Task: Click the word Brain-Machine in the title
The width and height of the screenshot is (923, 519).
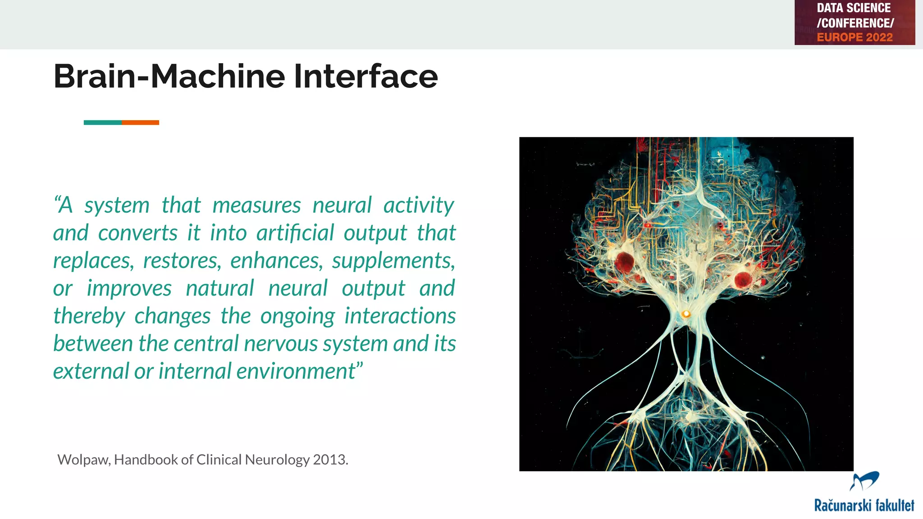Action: click(169, 76)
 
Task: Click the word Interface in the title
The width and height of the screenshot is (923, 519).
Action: click(366, 76)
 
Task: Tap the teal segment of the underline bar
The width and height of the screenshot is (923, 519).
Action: click(102, 123)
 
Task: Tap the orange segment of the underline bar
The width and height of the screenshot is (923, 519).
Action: click(140, 123)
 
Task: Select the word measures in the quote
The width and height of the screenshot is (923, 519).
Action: click(256, 206)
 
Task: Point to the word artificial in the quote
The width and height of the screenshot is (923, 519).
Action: click(295, 233)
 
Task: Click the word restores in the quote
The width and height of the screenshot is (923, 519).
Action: click(182, 261)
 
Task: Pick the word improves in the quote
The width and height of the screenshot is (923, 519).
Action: click(129, 289)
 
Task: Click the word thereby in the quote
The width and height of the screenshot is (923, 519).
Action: click(89, 316)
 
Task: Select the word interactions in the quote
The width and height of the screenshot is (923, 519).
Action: click(400, 316)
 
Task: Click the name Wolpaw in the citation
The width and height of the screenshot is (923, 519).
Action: click(83, 460)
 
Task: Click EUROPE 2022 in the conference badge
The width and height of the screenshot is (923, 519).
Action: click(854, 37)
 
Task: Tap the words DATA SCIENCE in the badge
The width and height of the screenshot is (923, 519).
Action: click(854, 8)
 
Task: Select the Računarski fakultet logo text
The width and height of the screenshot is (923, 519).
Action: click(864, 505)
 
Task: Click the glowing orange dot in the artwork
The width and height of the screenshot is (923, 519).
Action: click(686, 314)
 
